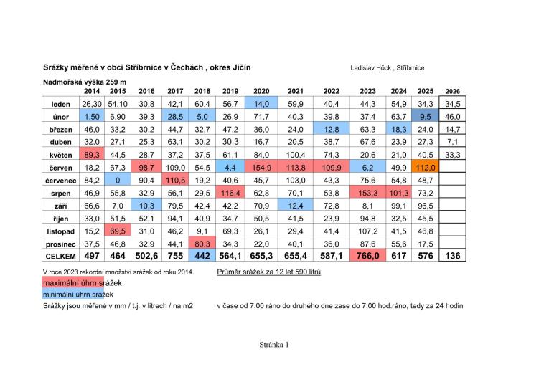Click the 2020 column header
(261, 91)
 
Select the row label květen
(60, 155)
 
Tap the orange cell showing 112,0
(425, 168)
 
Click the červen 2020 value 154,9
(261, 168)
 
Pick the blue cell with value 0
(118, 181)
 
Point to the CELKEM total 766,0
(367, 256)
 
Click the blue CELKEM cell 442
(202, 256)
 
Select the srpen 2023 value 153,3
(367, 193)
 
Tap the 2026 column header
(452, 91)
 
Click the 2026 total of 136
(452, 256)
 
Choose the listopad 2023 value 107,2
(367, 231)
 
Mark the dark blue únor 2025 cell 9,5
(425, 116)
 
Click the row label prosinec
(60, 244)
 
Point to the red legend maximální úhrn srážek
(83, 283)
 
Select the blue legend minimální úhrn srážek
(78, 295)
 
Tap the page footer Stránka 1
(274, 345)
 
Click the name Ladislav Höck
(371, 68)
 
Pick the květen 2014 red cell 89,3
(92, 155)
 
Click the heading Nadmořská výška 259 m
(85, 82)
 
